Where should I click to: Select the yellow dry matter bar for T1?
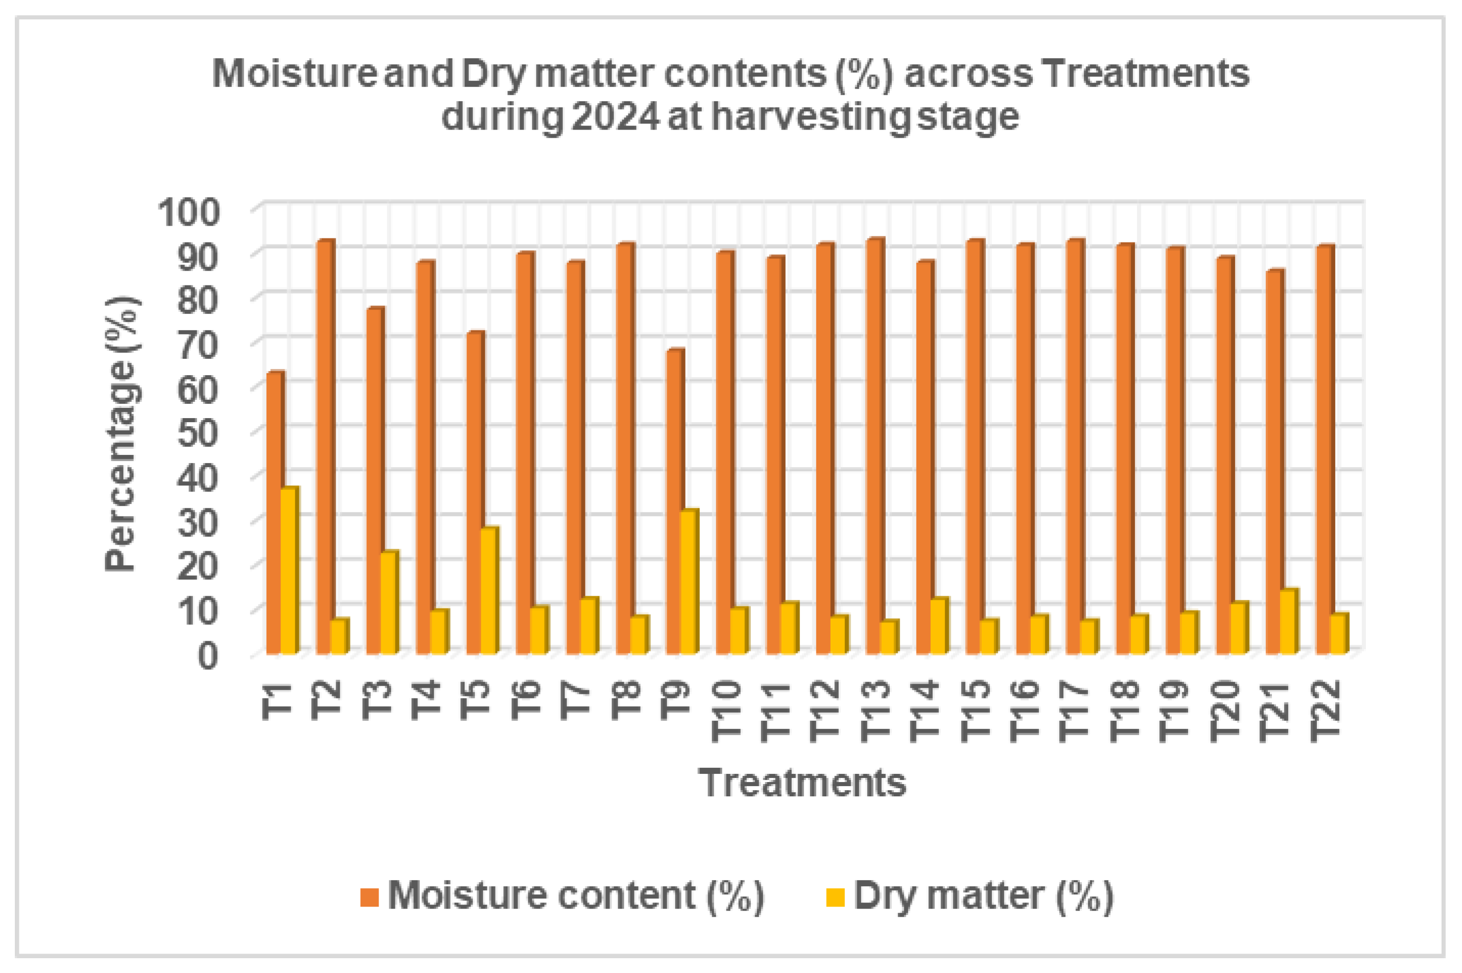(289, 570)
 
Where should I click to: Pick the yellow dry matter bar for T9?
(690, 581)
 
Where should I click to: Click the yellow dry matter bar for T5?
(489, 590)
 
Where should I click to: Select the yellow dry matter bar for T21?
(1289, 621)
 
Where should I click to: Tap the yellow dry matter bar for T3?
(389, 602)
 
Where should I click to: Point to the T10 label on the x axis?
(726, 711)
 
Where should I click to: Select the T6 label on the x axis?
(525, 700)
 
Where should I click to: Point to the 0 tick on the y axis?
(209, 654)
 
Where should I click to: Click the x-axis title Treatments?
(802, 783)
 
